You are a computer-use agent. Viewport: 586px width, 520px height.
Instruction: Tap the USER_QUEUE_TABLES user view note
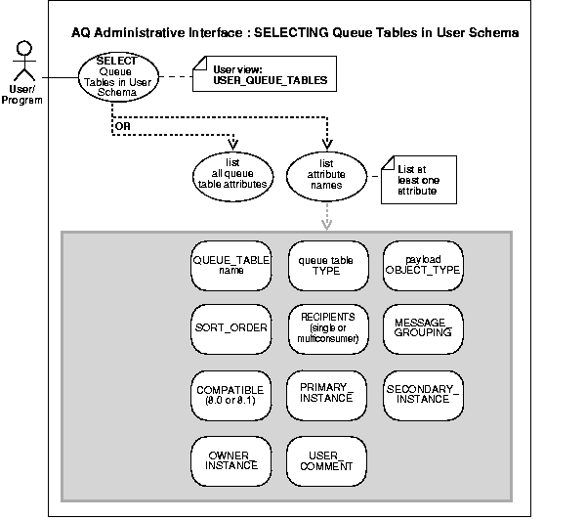(x=265, y=74)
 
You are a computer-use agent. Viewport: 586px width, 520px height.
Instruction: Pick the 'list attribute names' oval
(x=322, y=174)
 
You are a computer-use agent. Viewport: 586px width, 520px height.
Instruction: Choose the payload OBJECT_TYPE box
(x=421, y=266)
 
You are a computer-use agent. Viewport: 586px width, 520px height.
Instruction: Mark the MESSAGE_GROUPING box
(x=421, y=327)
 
